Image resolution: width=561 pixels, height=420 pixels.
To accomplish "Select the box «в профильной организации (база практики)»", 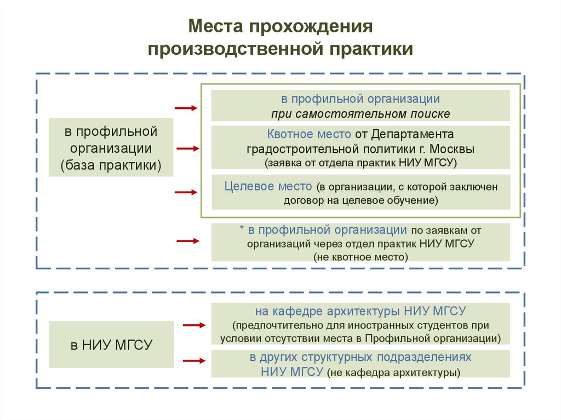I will tap(111, 148).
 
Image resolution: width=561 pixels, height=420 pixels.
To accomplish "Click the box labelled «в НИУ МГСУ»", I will tap(111, 344).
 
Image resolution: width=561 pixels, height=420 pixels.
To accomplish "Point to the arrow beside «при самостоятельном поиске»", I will tap(186, 108).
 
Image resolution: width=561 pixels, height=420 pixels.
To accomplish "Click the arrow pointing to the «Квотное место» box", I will tap(187, 148).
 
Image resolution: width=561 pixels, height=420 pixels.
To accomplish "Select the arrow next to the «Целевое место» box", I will tap(186, 192).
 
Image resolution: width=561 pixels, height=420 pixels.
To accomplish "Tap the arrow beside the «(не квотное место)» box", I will tap(186, 240).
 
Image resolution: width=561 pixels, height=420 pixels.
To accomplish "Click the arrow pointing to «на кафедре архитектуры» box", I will tap(194, 326).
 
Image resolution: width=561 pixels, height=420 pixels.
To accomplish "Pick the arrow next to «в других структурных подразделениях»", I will tap(194, 360).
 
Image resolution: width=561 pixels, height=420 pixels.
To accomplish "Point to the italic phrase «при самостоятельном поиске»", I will tap(360, 114).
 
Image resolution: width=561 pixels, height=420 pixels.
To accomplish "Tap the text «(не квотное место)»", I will tap(360, 256).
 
